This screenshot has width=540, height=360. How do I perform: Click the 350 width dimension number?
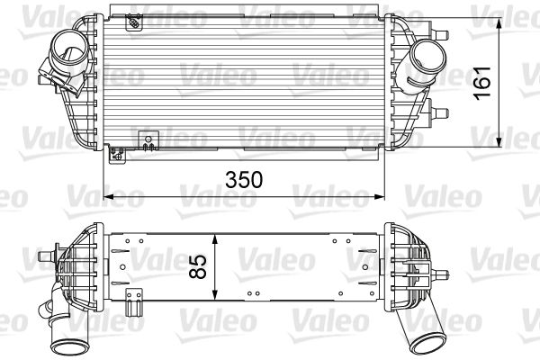click(x=245, y=178)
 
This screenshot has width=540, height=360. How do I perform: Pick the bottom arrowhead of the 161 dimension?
click(x=500, y=144)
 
